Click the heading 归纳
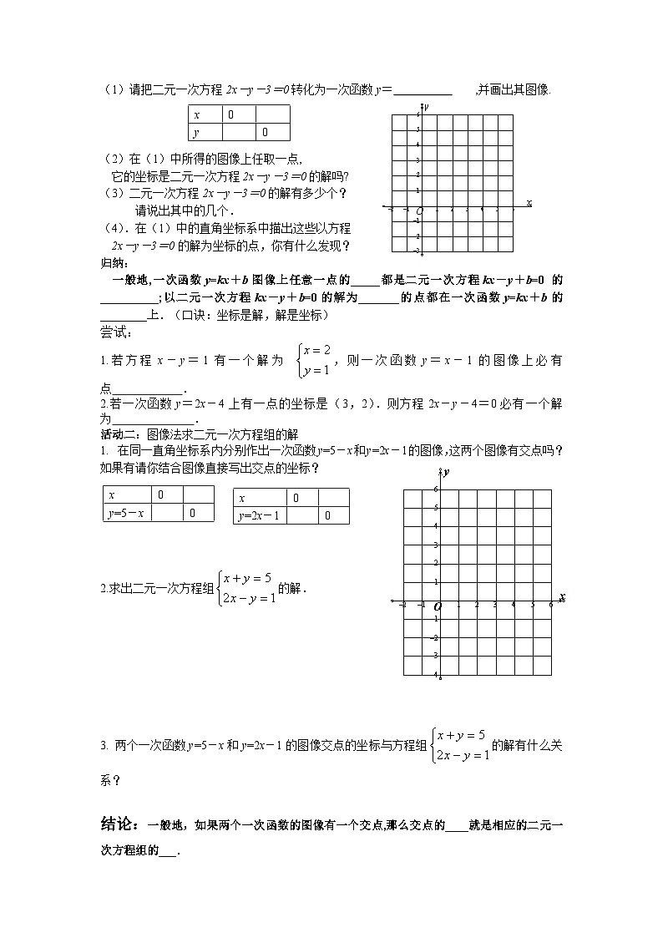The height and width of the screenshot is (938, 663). tap(110, 263)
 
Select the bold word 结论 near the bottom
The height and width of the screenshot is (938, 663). tap(117, 824)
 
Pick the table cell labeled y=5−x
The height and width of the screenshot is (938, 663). tap(126, 514)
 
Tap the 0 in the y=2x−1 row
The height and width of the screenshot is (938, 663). tap(327, 515)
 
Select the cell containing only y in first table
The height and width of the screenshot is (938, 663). tap(205, 133)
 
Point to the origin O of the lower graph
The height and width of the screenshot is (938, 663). tap(436, 608)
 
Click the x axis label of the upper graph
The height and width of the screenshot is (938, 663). tap(529, 202)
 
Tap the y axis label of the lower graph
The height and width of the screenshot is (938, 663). tap(447, 473)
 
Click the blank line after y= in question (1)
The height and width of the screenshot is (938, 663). tap(422, 92)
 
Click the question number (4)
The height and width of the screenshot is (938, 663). tap(114, 228)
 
